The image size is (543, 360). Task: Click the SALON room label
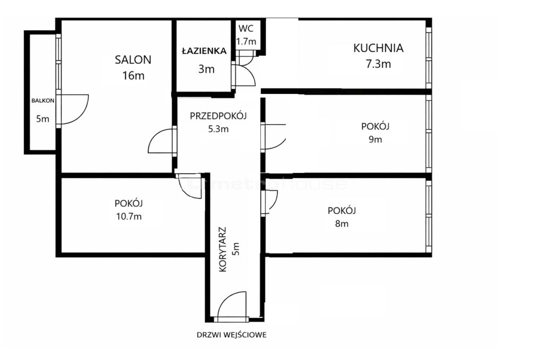133,60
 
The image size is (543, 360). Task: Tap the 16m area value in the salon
133,75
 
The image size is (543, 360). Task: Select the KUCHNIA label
378,48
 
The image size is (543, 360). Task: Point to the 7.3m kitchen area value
378,64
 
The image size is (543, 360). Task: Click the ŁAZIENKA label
204,51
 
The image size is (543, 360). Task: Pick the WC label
246,29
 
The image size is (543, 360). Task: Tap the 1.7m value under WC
246,41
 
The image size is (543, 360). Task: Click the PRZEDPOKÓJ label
218,116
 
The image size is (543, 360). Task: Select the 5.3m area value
218,129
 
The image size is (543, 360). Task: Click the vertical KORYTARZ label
223,249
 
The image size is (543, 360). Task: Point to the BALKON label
42,101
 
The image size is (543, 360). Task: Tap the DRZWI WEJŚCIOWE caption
232,335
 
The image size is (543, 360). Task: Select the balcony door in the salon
72,109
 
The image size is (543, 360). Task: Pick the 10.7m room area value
129,217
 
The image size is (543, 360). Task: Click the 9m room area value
375,139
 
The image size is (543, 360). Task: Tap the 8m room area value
341,224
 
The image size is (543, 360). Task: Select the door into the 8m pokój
269,203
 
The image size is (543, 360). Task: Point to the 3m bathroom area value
206,69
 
